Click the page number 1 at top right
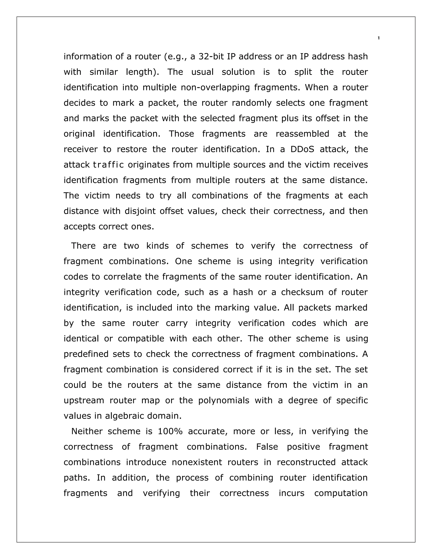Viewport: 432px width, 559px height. point(378,38)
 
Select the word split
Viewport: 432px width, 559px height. point(303,72)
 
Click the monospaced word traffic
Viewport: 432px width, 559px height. point(108,165)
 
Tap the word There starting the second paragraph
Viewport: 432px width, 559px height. point(84,246)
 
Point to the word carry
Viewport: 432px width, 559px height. point(177,323)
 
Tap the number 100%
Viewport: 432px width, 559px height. point(170,431)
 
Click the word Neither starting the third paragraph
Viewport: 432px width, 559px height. point(87,431)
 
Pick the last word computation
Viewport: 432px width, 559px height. point(341,493)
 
